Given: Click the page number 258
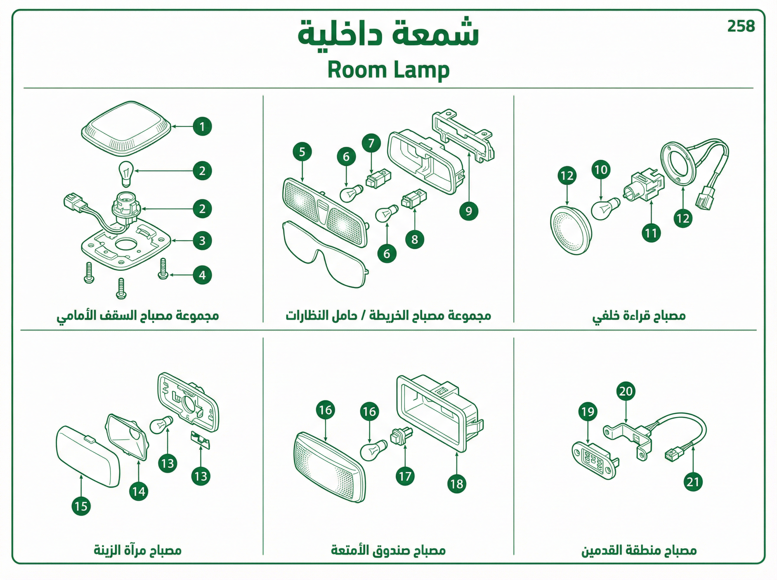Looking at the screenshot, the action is [x=741, y=26].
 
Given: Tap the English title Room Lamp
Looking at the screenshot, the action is [x=388, y=70].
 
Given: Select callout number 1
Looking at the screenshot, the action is [x=202, y=127].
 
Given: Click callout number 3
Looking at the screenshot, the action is [x=202, y=241].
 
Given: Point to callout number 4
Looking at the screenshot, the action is [x=202, y=275].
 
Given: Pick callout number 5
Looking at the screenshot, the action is [x=302, y=152].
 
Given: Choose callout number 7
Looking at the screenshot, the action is [x=371, y=143].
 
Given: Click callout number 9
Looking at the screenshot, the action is [x=469, y=211].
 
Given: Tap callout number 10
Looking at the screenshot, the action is [x=601, y=170].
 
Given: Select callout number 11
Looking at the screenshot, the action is [x=651, y=233].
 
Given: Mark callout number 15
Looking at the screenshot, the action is [x=81, y=506].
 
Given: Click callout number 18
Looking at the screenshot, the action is [x=457, y=484].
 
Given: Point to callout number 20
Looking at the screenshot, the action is [x=626, y=391].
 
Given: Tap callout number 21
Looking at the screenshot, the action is [x=693, y=482].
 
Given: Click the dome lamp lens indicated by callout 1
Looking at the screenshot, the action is [x=126, y=128].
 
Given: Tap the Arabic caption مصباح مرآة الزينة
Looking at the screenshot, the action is [x=138, y=550].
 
